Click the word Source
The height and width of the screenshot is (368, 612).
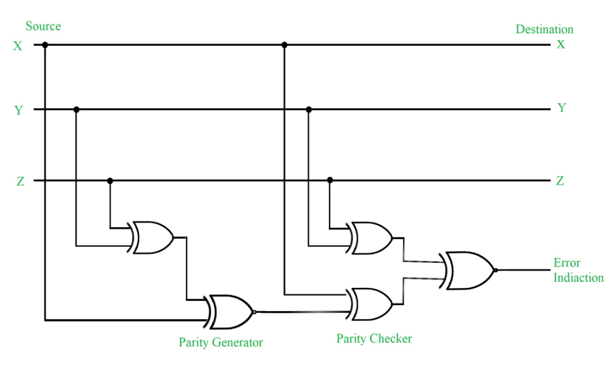(43, 27)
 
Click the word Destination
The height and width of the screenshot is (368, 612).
(544, 30)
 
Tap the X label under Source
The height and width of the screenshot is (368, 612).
(18, 46)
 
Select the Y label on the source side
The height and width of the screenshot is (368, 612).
(18, 110)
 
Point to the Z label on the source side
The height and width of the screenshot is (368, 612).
(20, 182)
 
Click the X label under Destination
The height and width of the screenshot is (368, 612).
(560, 44)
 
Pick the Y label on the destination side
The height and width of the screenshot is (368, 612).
(562, 108)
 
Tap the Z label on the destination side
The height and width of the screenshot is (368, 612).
(560, 181)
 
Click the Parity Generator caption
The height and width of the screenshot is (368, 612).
(220, 342)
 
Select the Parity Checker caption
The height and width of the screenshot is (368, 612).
(374, 339)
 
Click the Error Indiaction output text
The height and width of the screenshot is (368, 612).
(578, 271)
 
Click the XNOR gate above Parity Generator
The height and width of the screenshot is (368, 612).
(229, 312)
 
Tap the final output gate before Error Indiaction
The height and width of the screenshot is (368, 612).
(469, 270)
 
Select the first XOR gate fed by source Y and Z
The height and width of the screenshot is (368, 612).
(151, 238)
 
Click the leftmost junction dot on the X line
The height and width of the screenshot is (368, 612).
(45, 45)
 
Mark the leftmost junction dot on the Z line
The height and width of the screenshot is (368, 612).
(109, 180)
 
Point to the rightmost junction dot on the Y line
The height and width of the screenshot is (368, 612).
(308, 109)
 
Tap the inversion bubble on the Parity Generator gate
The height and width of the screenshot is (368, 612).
(255, 312)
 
